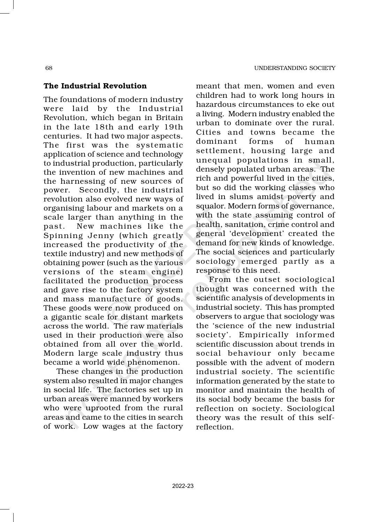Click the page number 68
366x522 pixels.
point(49,68)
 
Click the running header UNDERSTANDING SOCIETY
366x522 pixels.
point(295,68)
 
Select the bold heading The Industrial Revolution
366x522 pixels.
point(95,86)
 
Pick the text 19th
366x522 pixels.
point(173,127)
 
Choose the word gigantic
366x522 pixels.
point(67,317)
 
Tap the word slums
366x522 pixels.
point(243,197)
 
